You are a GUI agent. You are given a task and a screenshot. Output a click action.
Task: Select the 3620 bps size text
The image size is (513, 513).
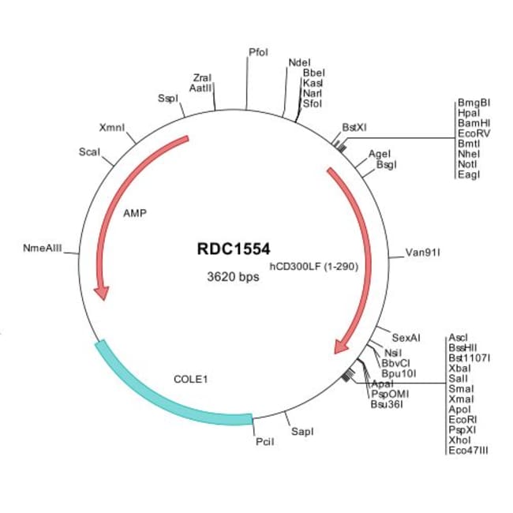[233, 277]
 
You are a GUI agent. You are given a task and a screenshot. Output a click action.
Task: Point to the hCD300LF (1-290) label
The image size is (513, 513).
[314, 267]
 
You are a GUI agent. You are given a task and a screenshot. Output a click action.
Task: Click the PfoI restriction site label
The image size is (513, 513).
[258, 52]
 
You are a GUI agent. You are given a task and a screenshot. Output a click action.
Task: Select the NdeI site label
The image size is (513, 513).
[299, 62]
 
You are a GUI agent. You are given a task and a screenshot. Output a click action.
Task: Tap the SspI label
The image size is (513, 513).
[168, 99]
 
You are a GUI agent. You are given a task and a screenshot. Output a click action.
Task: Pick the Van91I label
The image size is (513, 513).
[422, 253]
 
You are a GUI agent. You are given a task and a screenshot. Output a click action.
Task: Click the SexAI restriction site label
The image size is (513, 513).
[406, 338]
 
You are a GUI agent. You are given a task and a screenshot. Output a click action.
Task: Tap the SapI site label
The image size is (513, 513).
[302, 432]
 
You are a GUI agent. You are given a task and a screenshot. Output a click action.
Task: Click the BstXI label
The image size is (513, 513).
[354, 126]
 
